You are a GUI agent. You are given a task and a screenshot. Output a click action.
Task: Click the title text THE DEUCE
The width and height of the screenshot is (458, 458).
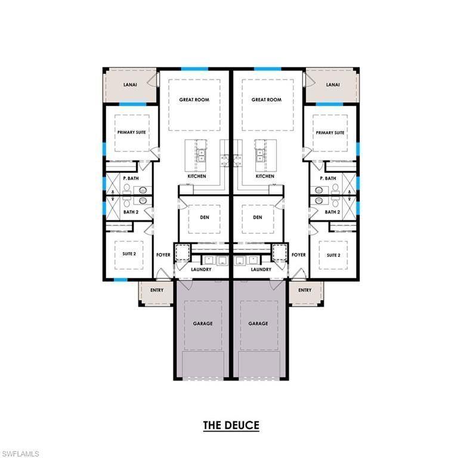[x=231, y=425]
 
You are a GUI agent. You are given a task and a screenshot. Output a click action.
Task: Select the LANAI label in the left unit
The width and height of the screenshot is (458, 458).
[x=130, y=85]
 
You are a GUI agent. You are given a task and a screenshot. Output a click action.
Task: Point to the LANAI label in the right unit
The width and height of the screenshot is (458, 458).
[x=332, y=85]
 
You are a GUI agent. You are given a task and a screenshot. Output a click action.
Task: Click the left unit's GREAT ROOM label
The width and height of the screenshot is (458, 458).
[x=194, y=100]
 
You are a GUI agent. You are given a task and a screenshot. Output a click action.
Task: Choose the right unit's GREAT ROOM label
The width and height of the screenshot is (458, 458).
[x=266, y=100]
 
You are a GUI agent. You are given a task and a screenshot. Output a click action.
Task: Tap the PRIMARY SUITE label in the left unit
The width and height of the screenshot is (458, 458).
[x=131, y=132]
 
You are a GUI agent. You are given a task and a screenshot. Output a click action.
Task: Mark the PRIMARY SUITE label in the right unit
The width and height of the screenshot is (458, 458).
[x=330, y=132]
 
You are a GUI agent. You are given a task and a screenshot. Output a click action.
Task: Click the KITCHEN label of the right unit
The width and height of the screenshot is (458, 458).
[x=265, y=177]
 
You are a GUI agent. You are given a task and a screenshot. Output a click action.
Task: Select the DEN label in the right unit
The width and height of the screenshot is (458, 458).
[x=258, y=217]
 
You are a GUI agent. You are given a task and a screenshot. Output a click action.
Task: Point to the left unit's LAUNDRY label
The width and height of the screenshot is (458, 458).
[x=202, y=269]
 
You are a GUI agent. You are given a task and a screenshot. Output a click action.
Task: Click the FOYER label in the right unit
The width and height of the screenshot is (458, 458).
[x=299, y=255]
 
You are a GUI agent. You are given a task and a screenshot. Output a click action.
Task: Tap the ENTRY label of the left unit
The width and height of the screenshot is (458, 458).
[x=157, y=290]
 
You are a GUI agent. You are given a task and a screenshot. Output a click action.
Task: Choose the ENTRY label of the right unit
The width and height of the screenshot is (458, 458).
[x=305, y=290]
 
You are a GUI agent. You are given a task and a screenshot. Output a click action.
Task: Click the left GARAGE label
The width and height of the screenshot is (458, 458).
[x=203, y=324]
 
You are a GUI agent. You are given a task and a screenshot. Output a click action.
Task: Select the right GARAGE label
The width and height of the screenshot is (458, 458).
[x=258, y=324]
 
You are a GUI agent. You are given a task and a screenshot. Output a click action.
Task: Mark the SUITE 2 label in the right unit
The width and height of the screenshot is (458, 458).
[x=333, y=255]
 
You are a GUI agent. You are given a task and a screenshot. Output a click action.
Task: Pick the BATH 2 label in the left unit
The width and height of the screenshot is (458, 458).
[x=129, y=212]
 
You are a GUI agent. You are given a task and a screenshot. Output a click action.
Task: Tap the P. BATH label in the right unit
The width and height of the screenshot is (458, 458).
[x=328, y=178]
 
